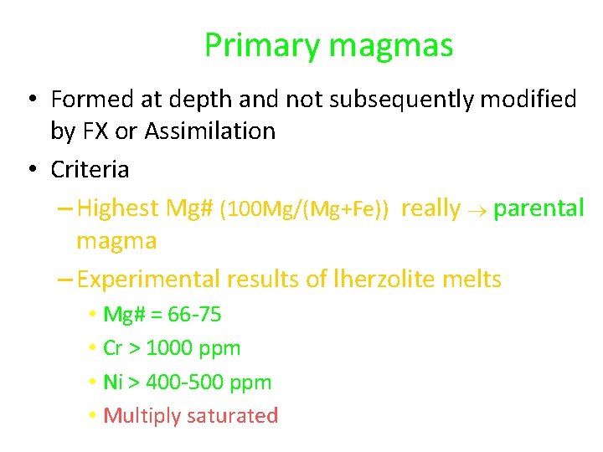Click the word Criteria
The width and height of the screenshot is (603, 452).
[90, 169]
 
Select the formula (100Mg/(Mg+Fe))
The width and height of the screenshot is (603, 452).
[304, 209]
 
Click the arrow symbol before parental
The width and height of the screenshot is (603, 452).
[477, 209]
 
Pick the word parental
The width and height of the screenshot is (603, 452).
[539, 208]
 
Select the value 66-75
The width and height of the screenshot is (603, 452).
[194, 315]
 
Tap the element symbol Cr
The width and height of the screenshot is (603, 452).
[113, 348]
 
